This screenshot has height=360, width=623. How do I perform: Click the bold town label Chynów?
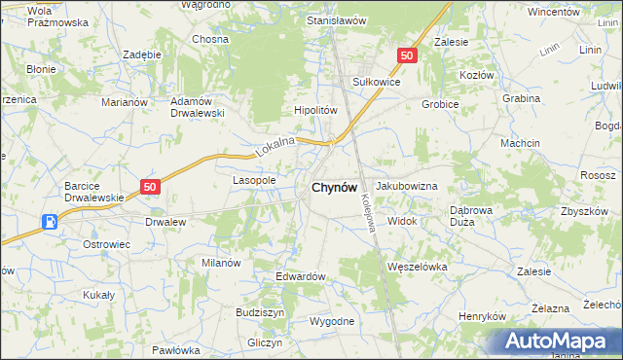[334, 188]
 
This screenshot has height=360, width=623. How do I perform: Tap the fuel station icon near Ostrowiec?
[49, 222]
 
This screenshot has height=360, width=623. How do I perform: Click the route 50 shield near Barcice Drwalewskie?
[149, 187]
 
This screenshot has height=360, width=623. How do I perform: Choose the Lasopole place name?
[255, 180]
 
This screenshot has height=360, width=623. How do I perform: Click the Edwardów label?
[300, 276]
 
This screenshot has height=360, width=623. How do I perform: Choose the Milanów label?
[221, 263]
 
